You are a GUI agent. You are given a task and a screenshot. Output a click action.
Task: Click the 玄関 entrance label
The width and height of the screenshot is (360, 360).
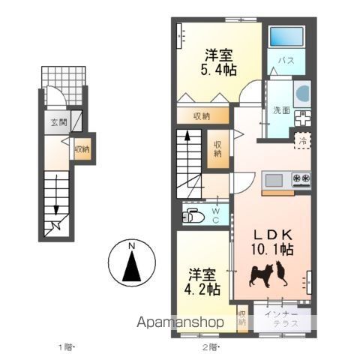[x=59, y=122]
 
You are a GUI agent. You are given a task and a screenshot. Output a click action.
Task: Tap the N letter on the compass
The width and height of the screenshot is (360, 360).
[x=131, y=246]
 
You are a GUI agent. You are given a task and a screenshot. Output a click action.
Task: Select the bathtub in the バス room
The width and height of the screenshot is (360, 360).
[x=286, y=36]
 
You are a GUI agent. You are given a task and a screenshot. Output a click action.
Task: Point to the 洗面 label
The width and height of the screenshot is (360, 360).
[x=281, y=110]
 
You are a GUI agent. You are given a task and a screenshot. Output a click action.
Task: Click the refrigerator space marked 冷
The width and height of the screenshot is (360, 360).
[x=302, y=141]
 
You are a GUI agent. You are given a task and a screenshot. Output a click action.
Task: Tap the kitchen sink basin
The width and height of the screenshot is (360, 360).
[x=274, y=180]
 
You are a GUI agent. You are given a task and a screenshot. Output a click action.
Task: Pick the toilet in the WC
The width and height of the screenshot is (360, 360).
[x=193, y=216]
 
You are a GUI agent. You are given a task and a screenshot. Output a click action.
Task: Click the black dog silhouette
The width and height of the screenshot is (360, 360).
[x=261, y=276]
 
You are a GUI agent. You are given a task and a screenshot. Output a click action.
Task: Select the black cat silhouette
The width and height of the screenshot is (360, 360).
[x=281, y=273]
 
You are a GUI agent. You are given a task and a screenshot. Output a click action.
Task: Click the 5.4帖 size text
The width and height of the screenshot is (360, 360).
[x=219, y=70]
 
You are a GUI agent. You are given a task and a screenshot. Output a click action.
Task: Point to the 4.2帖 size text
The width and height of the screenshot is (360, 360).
[x=202, y=289]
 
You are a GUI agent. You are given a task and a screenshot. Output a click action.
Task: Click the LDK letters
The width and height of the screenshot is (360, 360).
[x=273, y=235]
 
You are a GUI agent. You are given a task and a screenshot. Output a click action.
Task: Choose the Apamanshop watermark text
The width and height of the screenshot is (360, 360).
[x=180, y=322]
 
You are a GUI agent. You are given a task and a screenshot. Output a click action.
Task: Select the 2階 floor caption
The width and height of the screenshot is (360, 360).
[x=210, y=347]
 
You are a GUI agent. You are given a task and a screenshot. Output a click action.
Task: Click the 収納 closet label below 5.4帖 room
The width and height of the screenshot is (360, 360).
[x=202, y=116]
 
